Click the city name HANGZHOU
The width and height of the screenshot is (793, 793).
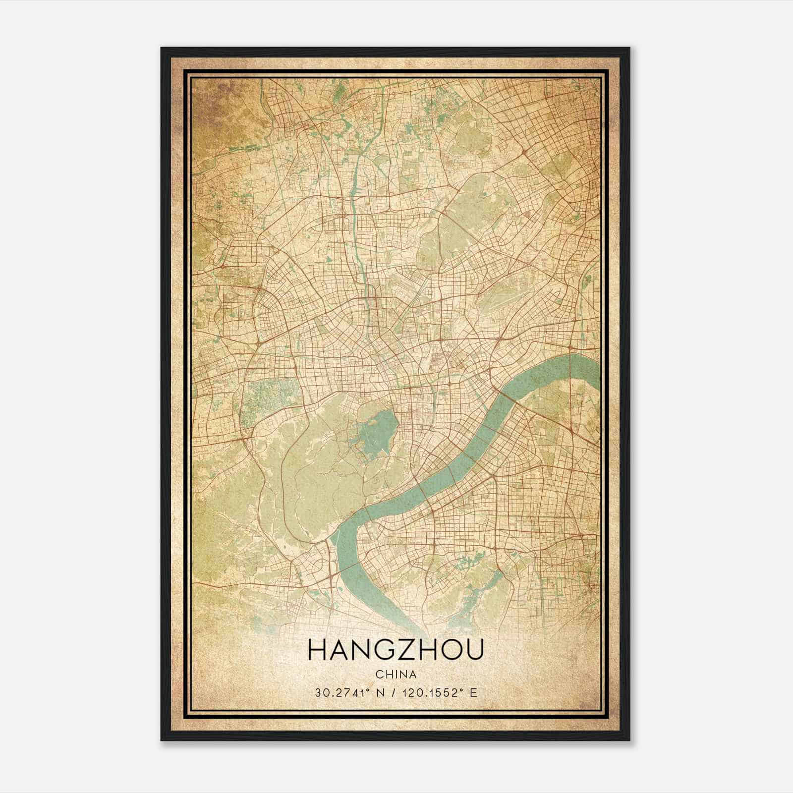coord(396,651)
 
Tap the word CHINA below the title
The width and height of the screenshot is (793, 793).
coord(396,675)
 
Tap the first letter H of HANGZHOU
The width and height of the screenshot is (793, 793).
coord(317,651)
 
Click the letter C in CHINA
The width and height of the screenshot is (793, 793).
coord(379,675)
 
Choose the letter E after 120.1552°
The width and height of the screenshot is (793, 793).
coord(474,692)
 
